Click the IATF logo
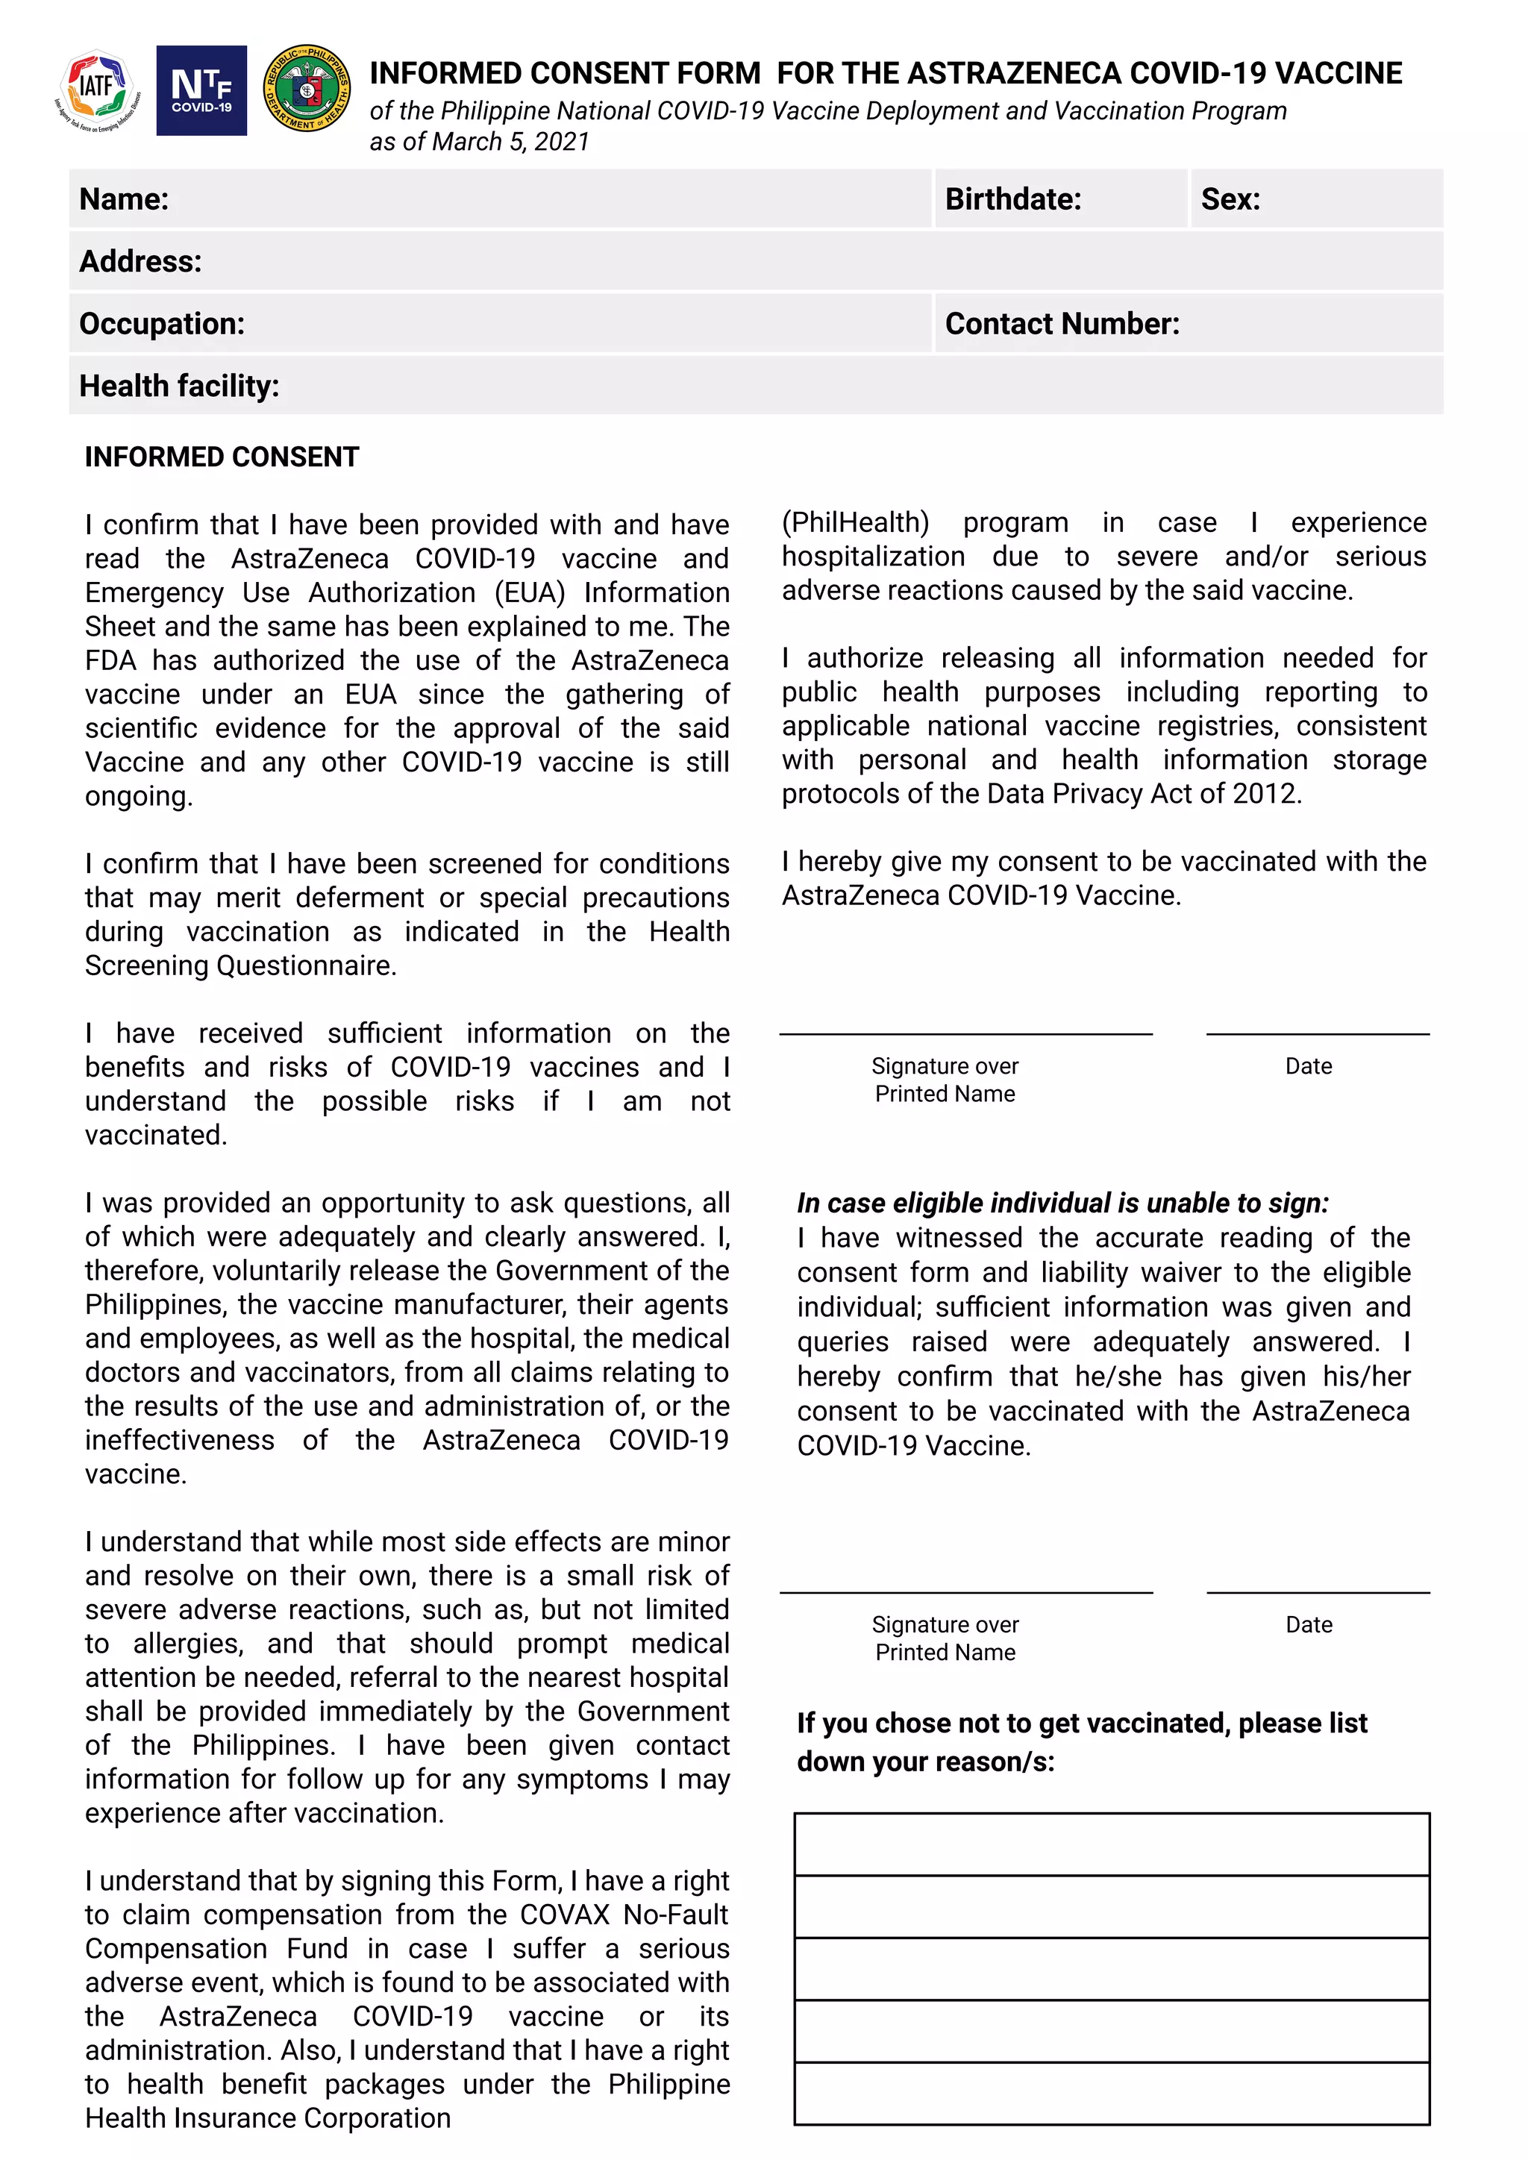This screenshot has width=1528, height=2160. (x=97, y=90)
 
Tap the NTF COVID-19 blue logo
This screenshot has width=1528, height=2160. (x=201, y=90)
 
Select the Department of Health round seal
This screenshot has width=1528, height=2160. (x=307, y=89)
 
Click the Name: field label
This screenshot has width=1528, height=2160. (x=124, y=199)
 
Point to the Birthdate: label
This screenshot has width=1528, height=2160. (x=1012, y=199)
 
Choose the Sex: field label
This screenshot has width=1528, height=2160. (x=1230, y=199)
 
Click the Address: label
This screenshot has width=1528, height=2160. (x=140, y=262)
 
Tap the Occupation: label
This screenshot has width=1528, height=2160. (x=162, y=324)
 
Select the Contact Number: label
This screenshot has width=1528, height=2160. (x=1062, y=324)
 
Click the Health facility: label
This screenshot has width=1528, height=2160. (x=179, y=386)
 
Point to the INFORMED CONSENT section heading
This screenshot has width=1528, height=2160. (x=222, y=457)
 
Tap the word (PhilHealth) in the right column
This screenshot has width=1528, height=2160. (x=854, y=522)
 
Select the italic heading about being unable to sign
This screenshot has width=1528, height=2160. (x=1062, y=1203)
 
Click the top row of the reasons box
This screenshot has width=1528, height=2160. (x=1111, y=1844)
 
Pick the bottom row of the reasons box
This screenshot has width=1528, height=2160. (x=1111, y=2093)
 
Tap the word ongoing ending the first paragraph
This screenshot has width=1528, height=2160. (x=137, y=797)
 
